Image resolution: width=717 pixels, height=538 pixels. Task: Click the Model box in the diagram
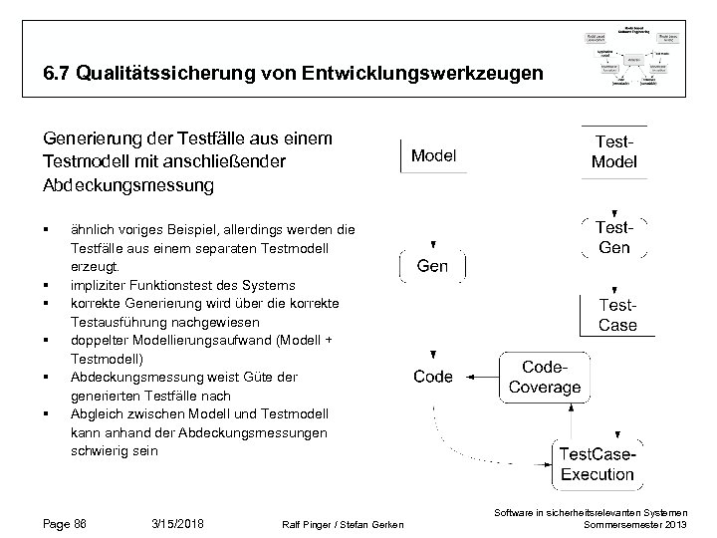(433, 154)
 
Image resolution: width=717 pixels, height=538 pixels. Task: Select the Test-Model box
(614, 151)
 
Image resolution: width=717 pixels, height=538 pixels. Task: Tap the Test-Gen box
(614, 237)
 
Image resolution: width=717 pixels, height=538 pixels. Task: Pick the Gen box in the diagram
(432, 266)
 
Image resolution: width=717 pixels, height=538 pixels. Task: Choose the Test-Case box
(617, 315)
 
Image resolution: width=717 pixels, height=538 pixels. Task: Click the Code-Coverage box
(545, 377)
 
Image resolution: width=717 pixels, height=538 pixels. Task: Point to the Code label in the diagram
(433, 377)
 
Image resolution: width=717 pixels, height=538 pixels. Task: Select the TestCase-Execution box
(597, 464)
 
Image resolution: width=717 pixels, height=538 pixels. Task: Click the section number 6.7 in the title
(57, 74)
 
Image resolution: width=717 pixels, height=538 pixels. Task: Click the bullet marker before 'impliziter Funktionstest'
(48, 285)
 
